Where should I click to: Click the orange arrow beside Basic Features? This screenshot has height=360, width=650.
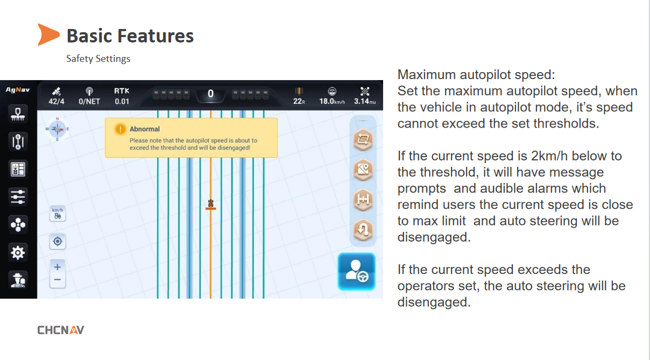[48, 34]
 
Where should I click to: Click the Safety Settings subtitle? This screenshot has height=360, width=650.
[98, 59]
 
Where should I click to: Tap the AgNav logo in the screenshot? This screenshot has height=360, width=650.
[18, 90]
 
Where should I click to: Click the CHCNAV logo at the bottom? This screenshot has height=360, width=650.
[61, 330]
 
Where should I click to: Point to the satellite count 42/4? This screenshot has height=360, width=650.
[56, 101]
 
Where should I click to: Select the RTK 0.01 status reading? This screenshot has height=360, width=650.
[122, 96]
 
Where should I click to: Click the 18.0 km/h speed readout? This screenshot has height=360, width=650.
[332, 101]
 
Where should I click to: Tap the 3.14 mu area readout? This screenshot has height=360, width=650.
[365, 101]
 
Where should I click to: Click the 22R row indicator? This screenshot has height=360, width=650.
[299, 101]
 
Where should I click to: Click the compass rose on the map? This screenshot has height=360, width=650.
[57, 129]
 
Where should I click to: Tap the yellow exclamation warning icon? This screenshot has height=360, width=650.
[120, 129]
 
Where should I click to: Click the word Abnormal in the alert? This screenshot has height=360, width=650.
[145, 129]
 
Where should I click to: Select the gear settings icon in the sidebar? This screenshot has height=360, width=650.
[18, 253]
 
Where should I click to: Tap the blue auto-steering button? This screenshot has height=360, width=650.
[357, 272]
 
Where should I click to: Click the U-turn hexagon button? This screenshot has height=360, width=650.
[363, 230]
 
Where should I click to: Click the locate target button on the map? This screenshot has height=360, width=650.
[58, 242]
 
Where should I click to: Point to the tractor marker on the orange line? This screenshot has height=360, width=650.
[211, 204]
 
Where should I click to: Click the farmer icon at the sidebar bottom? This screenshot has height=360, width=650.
[18, 280]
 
